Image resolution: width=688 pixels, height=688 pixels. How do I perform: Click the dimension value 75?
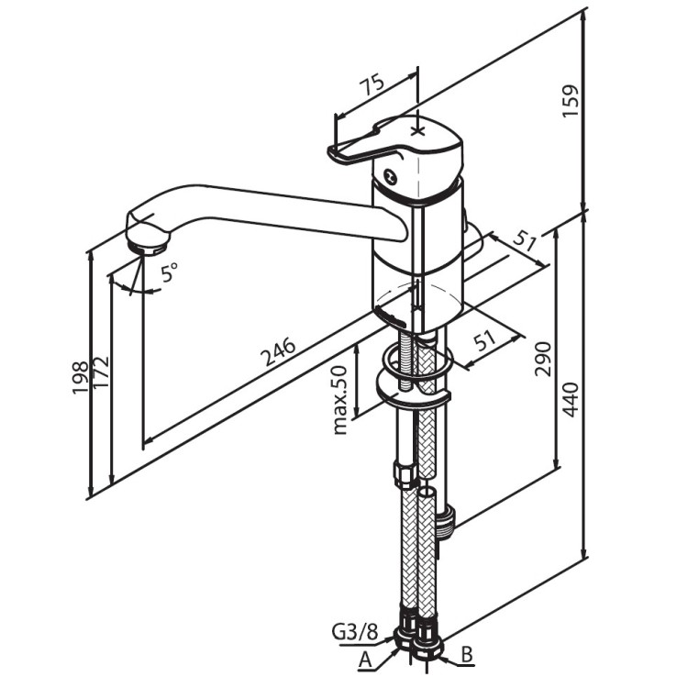[373, 86]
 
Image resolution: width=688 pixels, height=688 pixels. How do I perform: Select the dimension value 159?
[571, 101]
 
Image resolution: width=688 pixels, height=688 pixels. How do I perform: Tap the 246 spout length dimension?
[278, 351]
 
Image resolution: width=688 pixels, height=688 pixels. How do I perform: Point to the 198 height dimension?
[81, 378]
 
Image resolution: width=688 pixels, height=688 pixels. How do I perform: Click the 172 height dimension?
[101, 374]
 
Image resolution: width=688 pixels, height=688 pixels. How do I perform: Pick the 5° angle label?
[170, 272]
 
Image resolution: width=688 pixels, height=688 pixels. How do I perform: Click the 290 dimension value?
[543, 359]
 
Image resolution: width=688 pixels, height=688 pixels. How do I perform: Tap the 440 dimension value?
[571, 400]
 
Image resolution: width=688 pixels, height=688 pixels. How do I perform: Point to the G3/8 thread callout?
[355, 634]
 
